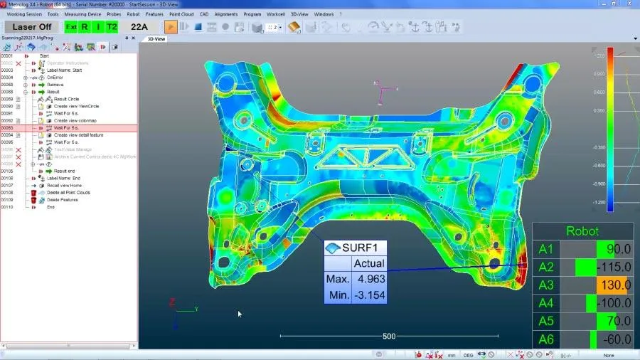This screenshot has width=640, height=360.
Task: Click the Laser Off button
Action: [x=31, y=27]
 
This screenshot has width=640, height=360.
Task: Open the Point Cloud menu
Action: [x=181, y=14]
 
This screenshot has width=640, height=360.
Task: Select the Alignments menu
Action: [x=225, y=14]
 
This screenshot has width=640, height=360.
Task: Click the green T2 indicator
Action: [x=112, y=27]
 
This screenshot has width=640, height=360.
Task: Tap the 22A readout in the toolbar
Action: [x=139, y=27]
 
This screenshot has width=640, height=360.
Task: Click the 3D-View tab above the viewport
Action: [x=155, y=38]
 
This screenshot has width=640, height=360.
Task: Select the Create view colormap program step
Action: [x=76, y=120]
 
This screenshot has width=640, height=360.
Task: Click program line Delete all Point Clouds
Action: [x=68, y=193]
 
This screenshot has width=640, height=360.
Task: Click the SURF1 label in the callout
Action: [x=364, y=248]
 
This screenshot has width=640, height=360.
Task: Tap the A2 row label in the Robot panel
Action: [x=545, y=268]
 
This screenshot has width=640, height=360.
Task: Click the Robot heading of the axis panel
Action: [x=582, y=231]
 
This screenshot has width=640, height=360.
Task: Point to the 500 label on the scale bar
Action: [x=388, y=336]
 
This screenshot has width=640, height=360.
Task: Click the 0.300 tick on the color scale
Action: [x=599, y=110]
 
